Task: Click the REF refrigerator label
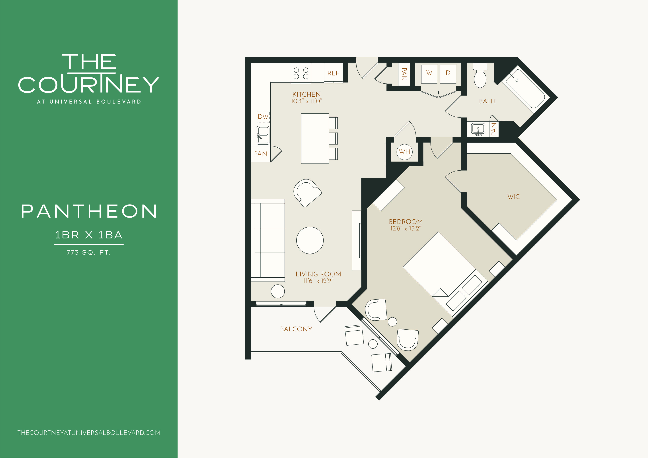pyautogui.click(x=333, y=73)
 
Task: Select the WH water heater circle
pyautogui.click(x=404, y=152)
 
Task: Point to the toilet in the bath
pyautogui.click(x=480, y=75)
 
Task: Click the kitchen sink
pyautogui.click(x=263, y=135)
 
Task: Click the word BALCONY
pyautogui.click(x=296, y=329)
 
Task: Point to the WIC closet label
pyautogui.click(x=513, y=197)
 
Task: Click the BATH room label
pyautogui.click(x=487, y=101)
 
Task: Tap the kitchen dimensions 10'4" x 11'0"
pyautogui.click(x=306, y=101)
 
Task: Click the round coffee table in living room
pyautogui.click(x=310, y=240)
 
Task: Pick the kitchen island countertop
pyautogui.click(x=315, y=139)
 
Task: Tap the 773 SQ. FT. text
pyautogui.click(x=89, y=253)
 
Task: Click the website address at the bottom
pyautogui.click(x=89, y=433)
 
